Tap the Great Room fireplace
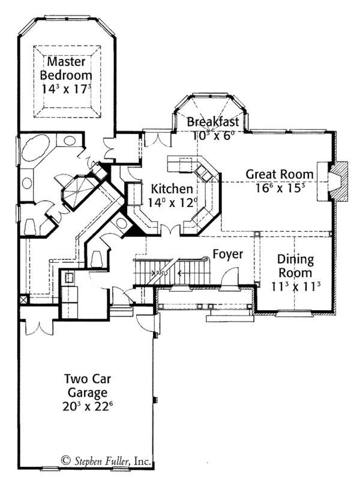tap(337, 181)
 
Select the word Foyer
tap(228, 254)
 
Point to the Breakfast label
tap(212, 122)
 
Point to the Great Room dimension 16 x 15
tap(280, 187)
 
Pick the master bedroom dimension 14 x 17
tap(67, 88)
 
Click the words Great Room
tap(280, 174)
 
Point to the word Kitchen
tap(172, 188)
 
